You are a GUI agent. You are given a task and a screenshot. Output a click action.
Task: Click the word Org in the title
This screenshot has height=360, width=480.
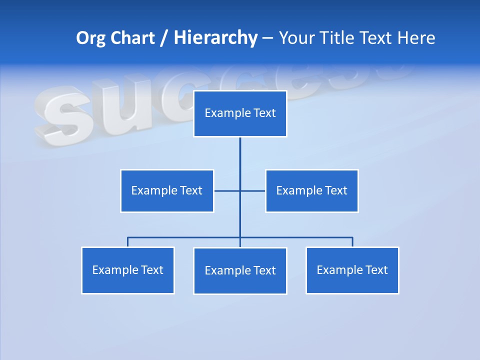point(90,38)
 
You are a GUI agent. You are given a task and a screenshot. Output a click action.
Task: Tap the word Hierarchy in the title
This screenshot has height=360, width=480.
point(215,38)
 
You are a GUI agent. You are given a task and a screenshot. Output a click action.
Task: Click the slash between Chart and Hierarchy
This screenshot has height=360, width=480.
point(164,38)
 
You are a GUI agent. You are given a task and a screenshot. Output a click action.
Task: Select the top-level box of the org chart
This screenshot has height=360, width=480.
point(240,113)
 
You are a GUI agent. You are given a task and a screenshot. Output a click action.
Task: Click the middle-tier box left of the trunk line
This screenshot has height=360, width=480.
point(167,190)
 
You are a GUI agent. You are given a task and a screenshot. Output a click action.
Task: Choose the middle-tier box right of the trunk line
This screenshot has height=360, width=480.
point(311,190)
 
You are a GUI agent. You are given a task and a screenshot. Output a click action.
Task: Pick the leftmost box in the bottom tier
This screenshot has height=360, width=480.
point(127,270)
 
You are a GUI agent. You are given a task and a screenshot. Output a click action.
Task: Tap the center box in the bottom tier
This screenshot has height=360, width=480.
point(240,270)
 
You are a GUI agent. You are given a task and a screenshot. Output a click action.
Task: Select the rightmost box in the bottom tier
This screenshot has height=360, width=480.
point(352,270)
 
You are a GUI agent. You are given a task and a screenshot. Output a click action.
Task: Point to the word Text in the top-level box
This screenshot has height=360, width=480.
point(264,113)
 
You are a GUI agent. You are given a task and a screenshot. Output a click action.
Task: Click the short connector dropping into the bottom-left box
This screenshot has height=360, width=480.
point(127,242)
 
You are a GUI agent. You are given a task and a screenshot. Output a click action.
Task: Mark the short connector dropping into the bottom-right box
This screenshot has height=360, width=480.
point(352,242)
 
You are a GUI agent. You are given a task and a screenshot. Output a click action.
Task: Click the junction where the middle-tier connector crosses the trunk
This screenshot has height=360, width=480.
point(240,190)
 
